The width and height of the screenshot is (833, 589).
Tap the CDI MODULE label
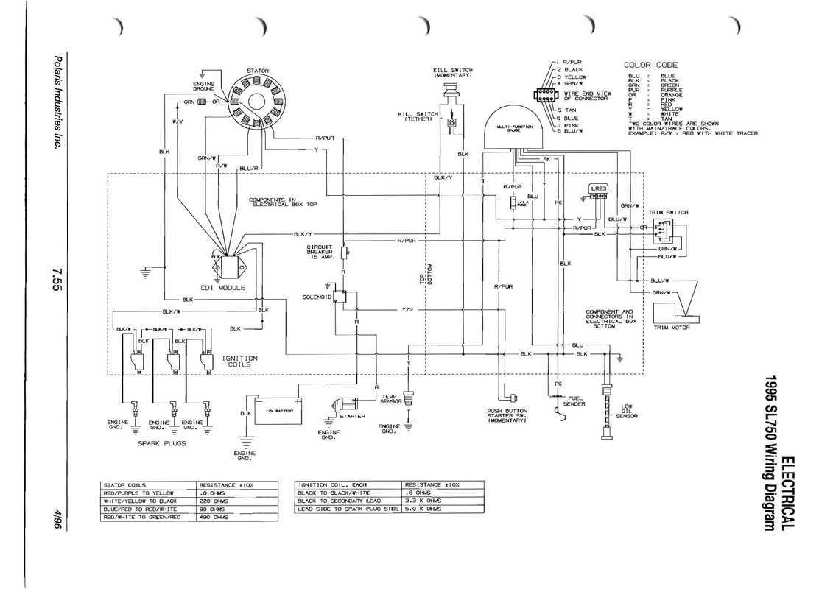point(222,287)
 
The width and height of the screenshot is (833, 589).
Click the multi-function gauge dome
point(515,133)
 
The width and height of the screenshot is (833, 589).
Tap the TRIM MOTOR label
point(672,327)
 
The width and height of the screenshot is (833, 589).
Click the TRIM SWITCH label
point(668,212)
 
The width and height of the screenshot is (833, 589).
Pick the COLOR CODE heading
point(651,66)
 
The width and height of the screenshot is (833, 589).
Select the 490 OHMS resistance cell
point(214,518)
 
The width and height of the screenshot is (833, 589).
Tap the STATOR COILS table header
point(126,484)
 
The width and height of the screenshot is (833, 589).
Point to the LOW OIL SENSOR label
point(626,411)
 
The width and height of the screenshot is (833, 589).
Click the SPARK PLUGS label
point(162,443)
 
